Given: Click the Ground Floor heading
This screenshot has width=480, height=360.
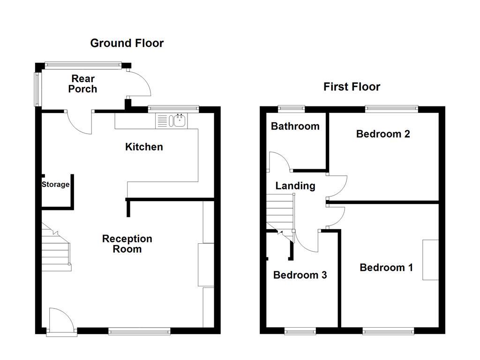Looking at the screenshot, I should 127,43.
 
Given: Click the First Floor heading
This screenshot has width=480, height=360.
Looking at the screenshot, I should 352,87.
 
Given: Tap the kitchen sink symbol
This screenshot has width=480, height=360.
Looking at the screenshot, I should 179,121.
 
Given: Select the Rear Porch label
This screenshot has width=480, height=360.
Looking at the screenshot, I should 82,84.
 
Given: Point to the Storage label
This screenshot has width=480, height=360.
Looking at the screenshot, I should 55,185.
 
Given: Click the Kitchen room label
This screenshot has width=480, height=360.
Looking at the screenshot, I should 144,147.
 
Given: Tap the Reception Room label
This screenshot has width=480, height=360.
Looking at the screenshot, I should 127,244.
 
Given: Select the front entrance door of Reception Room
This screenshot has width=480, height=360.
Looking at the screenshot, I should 61,321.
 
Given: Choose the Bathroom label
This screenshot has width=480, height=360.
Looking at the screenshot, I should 295,126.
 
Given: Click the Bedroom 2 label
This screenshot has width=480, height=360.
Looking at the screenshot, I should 383,134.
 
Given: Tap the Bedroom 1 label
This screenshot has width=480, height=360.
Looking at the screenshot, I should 386,268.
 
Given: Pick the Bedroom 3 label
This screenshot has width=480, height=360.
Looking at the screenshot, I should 300,275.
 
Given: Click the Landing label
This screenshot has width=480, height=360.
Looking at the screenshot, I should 295,186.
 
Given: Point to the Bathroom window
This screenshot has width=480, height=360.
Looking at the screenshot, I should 291,109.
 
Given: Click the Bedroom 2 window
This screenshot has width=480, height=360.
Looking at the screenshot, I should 391,109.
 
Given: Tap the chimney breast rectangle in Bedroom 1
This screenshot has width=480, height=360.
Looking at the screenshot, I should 431,260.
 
